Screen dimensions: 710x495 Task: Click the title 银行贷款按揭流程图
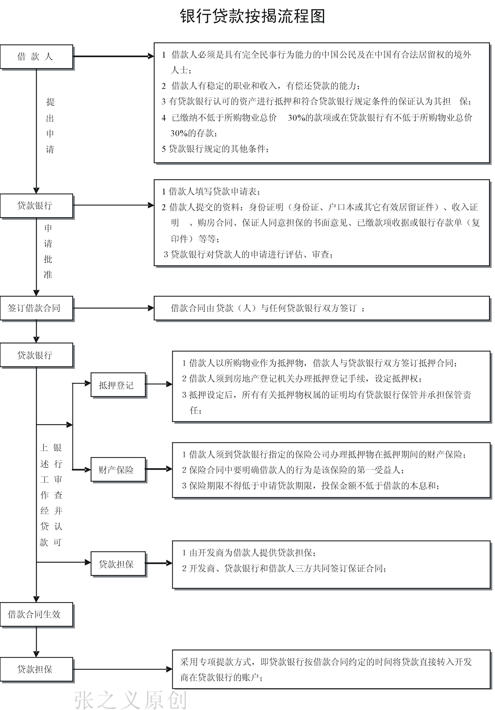pos(252,16)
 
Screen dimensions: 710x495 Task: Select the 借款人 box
pos(36,57)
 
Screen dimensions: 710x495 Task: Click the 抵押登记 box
pos(118,385)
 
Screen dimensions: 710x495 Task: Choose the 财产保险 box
pos(118,469)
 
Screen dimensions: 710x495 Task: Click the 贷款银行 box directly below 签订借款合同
pos(36,355)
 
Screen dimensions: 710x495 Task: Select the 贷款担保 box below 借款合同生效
pos(36,669)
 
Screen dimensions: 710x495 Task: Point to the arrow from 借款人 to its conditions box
pos(113,56)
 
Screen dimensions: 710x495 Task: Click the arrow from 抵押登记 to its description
pos(158,384)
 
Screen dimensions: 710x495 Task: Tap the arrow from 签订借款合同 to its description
pos(113,308)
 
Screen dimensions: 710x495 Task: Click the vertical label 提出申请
pos(50,125)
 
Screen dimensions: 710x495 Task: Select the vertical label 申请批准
pos(48,251)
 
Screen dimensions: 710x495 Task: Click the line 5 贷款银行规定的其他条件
pos(215,149)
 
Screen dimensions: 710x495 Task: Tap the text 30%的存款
pos(193,133)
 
